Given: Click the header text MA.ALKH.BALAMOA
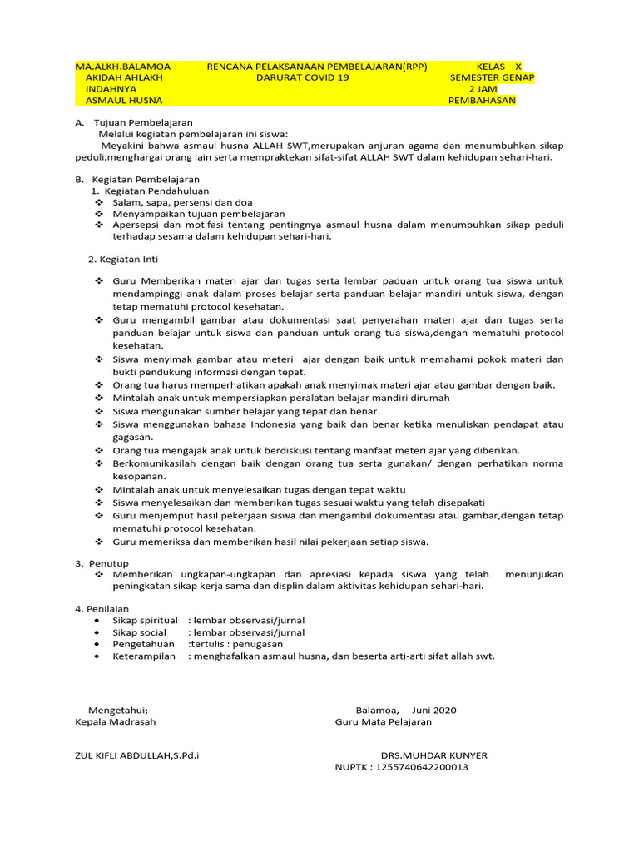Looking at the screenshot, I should tap(123, 67).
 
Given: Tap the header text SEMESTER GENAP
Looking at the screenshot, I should tap(492, 77).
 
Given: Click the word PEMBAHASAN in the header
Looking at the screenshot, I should tap(482, 101).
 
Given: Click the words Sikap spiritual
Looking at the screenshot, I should tap(145, 620).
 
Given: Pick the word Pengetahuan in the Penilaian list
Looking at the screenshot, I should tap(144, 644).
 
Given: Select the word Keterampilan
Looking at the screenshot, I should tap(144, 656).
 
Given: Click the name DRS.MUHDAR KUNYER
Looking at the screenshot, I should tap(434, 755).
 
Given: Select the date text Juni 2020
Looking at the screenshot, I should tap(433, 710).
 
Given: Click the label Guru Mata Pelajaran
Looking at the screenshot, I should tap(384, 721).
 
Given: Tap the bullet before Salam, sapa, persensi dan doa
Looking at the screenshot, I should tap(99, 202).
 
